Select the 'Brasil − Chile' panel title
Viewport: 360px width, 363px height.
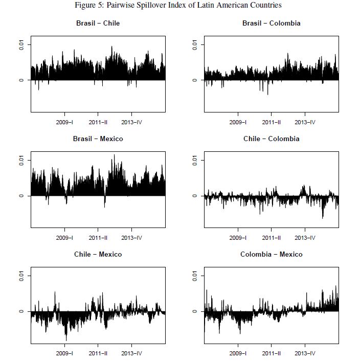pyautogui.click(x=98, y=24)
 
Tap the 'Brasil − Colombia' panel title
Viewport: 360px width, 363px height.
pyautogui.click(x=271, y=24)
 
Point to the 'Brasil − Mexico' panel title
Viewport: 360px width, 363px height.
pyautogui.click(x=98, y=139)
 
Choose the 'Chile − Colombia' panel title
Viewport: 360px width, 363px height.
pyautogui.click(x=271, y=139)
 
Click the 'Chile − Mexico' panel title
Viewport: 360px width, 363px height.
pyautogui.click(x=98, y=255)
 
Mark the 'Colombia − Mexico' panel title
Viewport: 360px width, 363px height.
pyautogui.click(x=271, y=255)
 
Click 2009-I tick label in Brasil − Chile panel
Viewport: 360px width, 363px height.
pyautogui.click(x=64, y=122)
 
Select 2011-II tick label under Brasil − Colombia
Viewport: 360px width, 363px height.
pyautogui.click(x=271, y=122)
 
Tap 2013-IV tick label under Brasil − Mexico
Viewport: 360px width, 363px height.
pyautogui.click(x=131, y=238)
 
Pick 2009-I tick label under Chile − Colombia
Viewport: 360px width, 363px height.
pyautogui.click(x=238, y=238)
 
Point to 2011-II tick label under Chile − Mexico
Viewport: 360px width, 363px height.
pyautogui.click(x=98, y=353)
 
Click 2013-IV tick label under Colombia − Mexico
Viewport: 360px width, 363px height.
pyautogui.click(x=305, y=353)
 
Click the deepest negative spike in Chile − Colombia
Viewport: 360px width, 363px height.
pyautogui.click(x=323, y=218)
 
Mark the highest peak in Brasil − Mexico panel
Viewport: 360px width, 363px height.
pyautogui.click(x=114, y=155)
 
